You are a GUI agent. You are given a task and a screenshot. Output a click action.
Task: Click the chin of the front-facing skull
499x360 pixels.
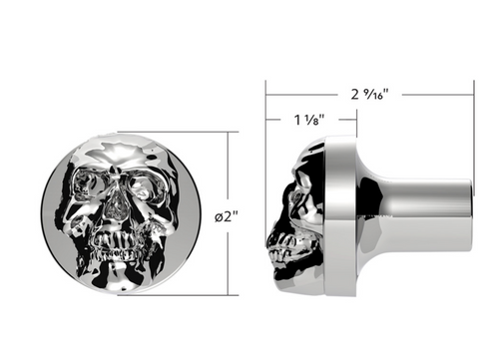point(117,267)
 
